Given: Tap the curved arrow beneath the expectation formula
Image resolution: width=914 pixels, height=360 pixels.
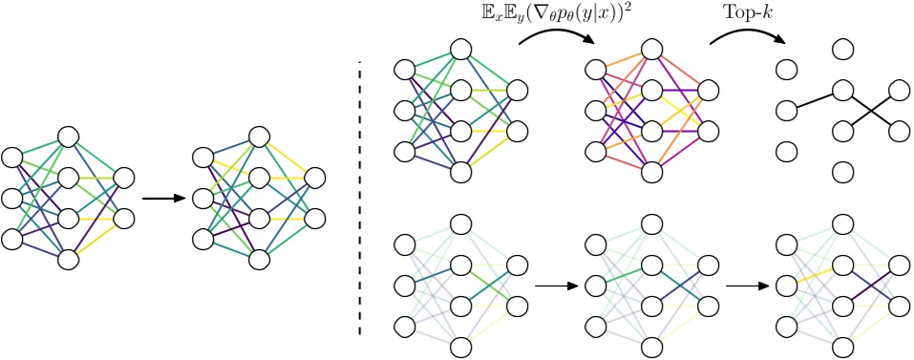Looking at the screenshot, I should click(558, 35).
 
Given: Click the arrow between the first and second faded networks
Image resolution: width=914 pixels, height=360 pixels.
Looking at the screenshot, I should click(554, 285).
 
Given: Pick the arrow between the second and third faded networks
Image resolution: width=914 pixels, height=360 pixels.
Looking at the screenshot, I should click(746, 285).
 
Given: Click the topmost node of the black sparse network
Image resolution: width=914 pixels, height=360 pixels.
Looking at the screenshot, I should click(842, 49).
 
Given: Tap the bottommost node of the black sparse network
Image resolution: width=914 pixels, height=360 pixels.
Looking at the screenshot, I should click(842, 173).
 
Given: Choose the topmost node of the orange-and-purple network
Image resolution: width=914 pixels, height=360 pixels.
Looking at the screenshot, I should click(652, 49).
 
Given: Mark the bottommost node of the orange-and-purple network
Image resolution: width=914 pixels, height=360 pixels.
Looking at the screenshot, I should click(652, 173).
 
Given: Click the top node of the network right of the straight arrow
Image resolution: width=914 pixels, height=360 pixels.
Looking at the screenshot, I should click(258, 137).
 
